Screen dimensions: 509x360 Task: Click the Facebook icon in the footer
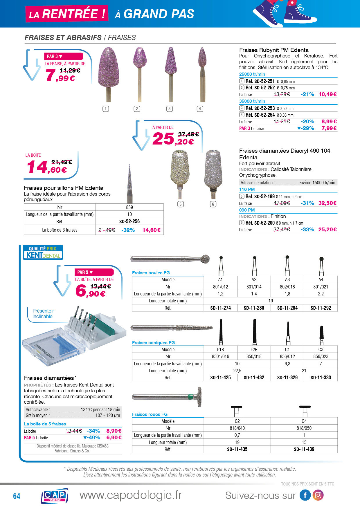(305, 495)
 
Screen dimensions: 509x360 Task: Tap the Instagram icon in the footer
(318, 495)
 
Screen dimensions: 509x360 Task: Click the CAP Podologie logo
(55, 496)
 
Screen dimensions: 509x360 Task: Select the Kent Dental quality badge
(43, 252)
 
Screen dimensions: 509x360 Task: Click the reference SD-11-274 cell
(220, 308)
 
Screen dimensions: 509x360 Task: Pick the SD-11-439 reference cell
(304, 449)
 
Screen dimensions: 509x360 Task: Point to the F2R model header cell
(254, 349)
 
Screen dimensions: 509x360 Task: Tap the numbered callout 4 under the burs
(200, 109)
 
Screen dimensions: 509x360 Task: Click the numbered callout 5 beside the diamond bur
(180, 204)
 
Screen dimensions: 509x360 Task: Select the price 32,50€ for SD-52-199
(327, 203)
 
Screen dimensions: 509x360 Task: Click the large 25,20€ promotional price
(173, 139)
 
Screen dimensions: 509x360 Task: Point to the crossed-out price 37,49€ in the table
(282, 230)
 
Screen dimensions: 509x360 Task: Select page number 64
(17, 496)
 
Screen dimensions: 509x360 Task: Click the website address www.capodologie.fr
(131, 495)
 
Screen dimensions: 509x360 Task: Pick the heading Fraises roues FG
(150, 414)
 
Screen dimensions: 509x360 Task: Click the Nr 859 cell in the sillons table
(129, 207)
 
